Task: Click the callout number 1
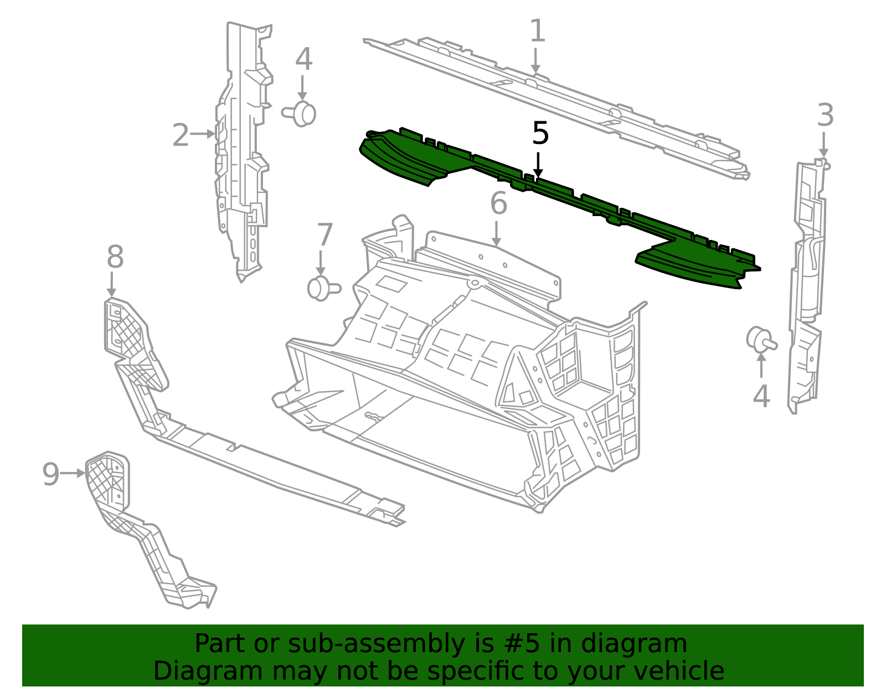pos(537,31)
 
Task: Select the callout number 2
pos(181,135)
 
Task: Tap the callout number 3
pos(825,116)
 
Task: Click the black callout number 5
pos(540,134)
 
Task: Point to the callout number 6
pos(498,203)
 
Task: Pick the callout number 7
pos(324,235)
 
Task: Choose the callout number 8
pos(115,257)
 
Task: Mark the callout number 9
pos(50,474)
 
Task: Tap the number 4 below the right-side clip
pos(761,397)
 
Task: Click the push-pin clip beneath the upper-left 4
pos(301,114)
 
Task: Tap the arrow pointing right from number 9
pos(73,474)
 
